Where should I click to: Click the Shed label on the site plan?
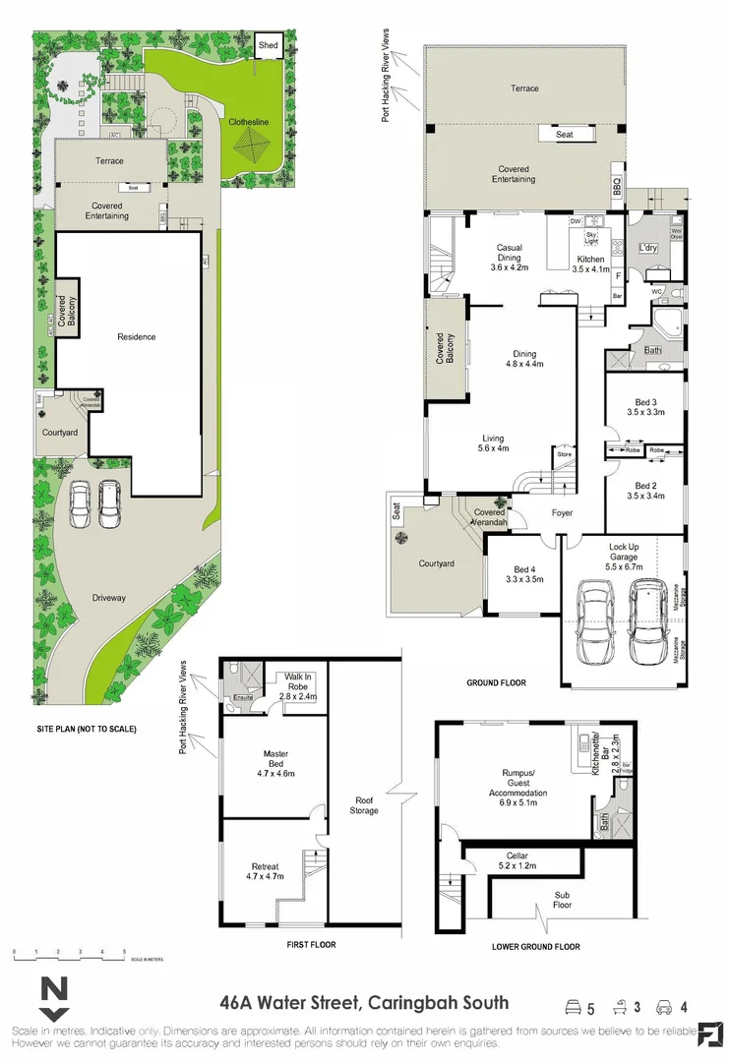(268, 45)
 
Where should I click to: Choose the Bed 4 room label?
(523, 574)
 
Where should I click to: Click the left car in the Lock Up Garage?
(596, 622)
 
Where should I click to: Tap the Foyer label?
(562, 512)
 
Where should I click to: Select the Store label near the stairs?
(564, 454)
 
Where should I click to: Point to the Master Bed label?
(275, 763)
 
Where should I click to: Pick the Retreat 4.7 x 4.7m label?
(265, 869)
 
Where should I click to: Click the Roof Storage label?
(364, 804)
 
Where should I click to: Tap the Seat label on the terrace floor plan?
(565, 135)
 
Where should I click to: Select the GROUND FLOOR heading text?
(496, 682)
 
